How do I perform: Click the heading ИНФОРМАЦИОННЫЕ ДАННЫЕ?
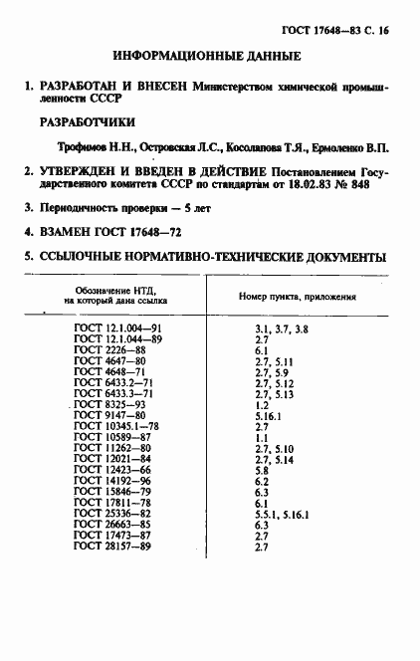click(x=208, y=57)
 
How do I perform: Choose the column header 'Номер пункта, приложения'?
click(x=298, y=297)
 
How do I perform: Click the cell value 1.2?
click(x=263, y=406)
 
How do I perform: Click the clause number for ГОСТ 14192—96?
click(x=263, y=482)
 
